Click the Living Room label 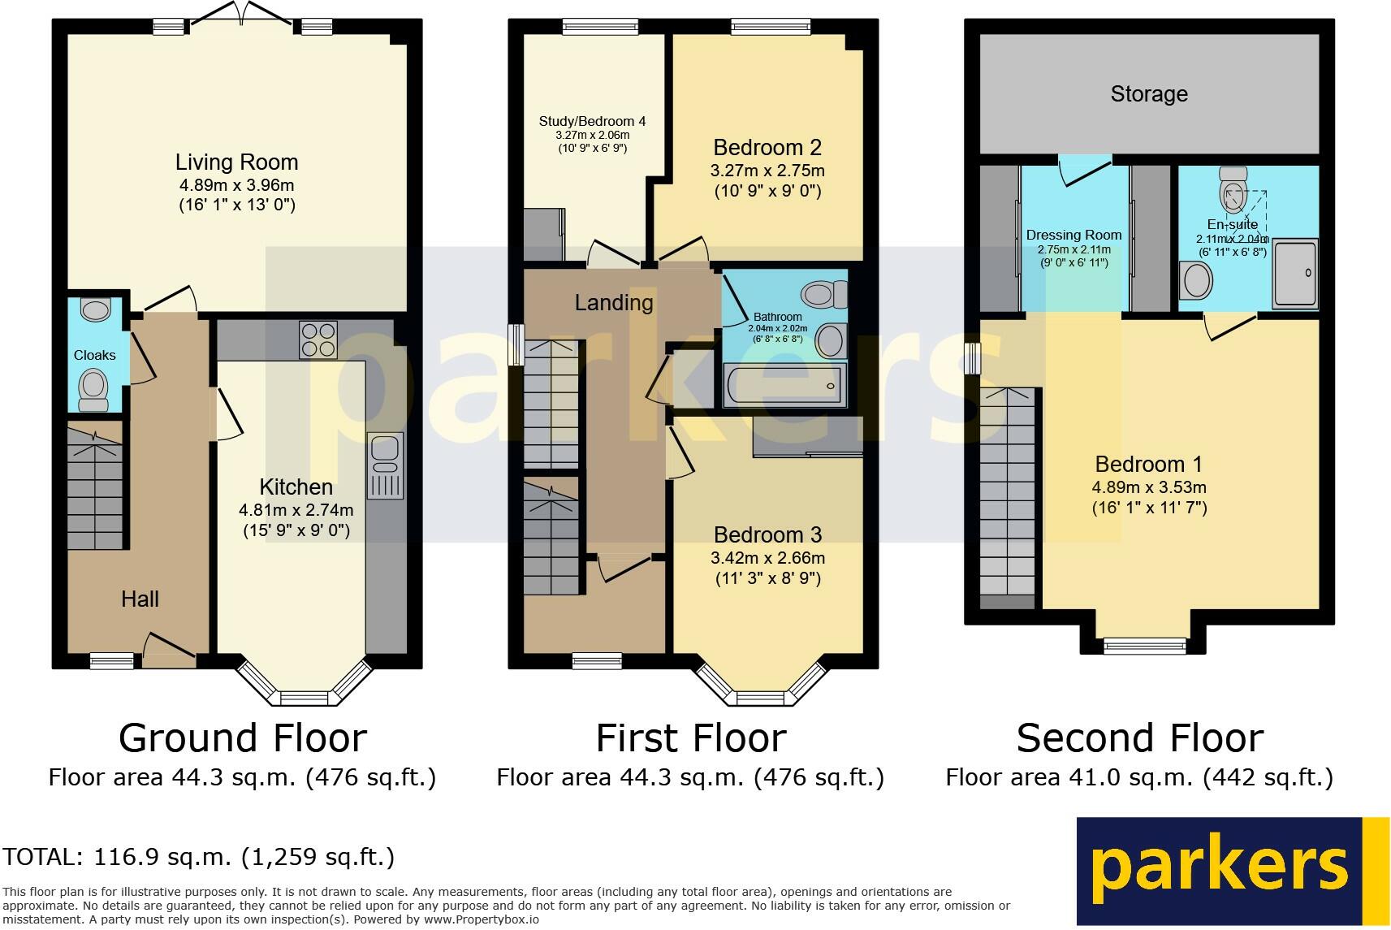point(236,162)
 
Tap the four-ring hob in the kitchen point(318,340)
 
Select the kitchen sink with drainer point(385,466)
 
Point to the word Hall point(140,599)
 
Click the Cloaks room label point(94,355)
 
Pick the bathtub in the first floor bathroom point(785,385)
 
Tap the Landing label point(614,302)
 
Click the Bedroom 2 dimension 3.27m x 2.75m point(767,171)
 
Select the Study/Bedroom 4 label point(593,121)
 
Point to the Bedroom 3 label point(767,534)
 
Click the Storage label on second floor point(1149,93)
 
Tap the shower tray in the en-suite point(1294,274)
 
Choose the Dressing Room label point(1073,235)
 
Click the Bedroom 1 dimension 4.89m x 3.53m point(1149,487)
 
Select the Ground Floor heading point(243,738)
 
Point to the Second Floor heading point(1139,738)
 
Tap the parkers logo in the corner point(1233,872)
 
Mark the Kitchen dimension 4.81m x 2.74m point(296,510)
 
